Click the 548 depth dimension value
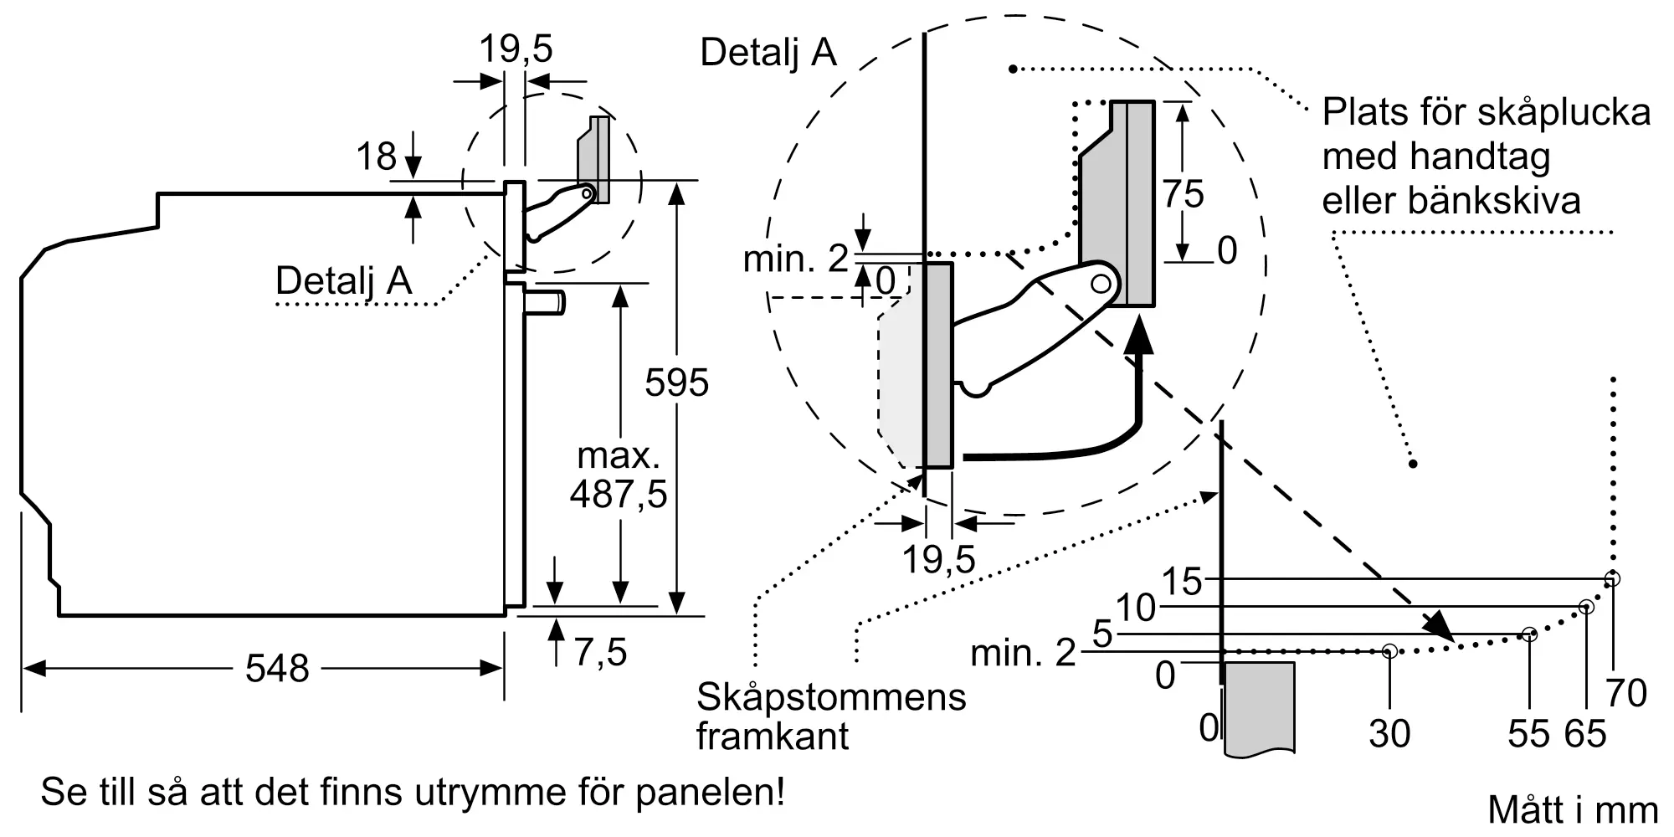(x=277, y=669)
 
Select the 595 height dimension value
(x=676, y=383)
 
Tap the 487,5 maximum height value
(x=619, y=494)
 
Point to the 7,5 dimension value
(x=600, y=652)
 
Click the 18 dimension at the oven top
(x=376, y=157)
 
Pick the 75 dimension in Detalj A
(x=1183, y=194)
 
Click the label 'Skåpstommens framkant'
(x=831, y=716)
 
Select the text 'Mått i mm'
(x=1573, y=810)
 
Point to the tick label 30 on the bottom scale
(x=1389, y=734)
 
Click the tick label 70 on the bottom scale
(x=1626, y=694)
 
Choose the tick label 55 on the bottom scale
(x=1528, y=734)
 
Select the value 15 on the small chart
(x=1182, y=582)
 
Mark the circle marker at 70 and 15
(x=1612, y=578)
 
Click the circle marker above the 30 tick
(x=1389, y=650)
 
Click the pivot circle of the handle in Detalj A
(x=1101, y=284)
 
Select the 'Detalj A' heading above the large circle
(x=768, y=52)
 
